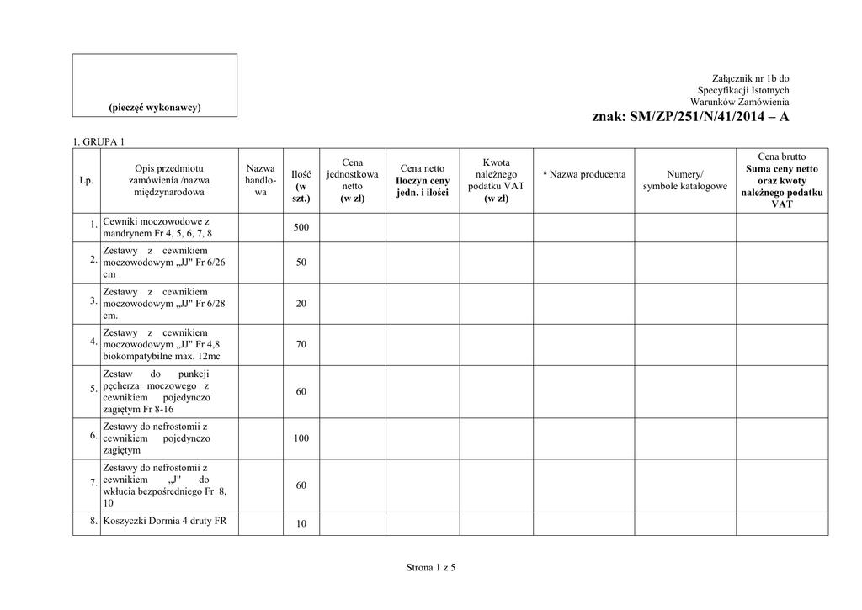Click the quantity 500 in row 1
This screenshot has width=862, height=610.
tap(301, 228)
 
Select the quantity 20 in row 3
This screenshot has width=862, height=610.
tap(301, 305)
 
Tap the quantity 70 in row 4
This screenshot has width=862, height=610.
tap(301, 345)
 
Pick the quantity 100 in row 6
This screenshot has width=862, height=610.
tap(301, 438)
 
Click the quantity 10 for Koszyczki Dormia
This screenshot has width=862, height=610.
tap(301, 524)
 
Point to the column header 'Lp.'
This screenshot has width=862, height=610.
tap(86, 180)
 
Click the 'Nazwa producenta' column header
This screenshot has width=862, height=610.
tap(584, 174)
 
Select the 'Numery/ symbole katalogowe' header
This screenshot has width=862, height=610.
tap(684, 180)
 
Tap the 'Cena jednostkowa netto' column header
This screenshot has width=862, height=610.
tap(352, 180)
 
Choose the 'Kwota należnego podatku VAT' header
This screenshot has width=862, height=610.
tap(496, 180)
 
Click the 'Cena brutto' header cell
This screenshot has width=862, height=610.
tap(781, 156)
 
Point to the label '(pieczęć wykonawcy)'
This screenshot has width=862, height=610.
tap(154, 108)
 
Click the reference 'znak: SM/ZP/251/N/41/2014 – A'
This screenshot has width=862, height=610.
tap(690, 118)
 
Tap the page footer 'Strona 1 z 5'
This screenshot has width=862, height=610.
tap(430, 569)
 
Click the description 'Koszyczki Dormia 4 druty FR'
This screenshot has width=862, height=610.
tap(165, 521)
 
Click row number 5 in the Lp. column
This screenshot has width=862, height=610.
tap(93, 389)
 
